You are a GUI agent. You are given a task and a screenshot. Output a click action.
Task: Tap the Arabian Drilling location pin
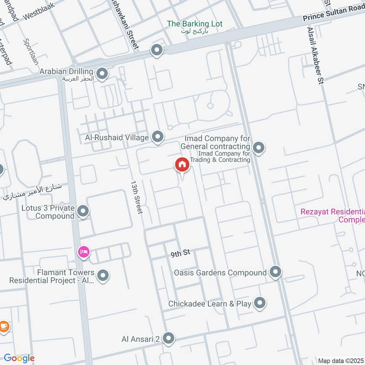click(102, 73)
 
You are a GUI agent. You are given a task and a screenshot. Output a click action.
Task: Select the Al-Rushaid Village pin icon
click(157, 136)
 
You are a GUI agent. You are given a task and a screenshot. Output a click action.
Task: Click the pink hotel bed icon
click(83, 252)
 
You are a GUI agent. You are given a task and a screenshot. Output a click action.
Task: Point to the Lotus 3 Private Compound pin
click(83, 211)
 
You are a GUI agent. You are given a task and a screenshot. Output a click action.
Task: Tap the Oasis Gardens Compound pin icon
click(275, 272)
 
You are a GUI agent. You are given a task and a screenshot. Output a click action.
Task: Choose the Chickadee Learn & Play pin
click(260, 303)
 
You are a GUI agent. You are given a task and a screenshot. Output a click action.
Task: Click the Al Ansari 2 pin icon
click(169, 338)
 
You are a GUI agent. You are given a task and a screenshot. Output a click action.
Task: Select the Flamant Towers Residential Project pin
click(103, 275)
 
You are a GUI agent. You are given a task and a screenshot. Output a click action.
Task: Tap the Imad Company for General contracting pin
click(259, 147)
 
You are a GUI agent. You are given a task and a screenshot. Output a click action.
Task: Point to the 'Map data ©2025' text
click(340, 360)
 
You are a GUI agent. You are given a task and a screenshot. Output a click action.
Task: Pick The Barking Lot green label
click(194, 24)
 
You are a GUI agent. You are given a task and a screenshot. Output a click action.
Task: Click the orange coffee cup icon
click(4, 326)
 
